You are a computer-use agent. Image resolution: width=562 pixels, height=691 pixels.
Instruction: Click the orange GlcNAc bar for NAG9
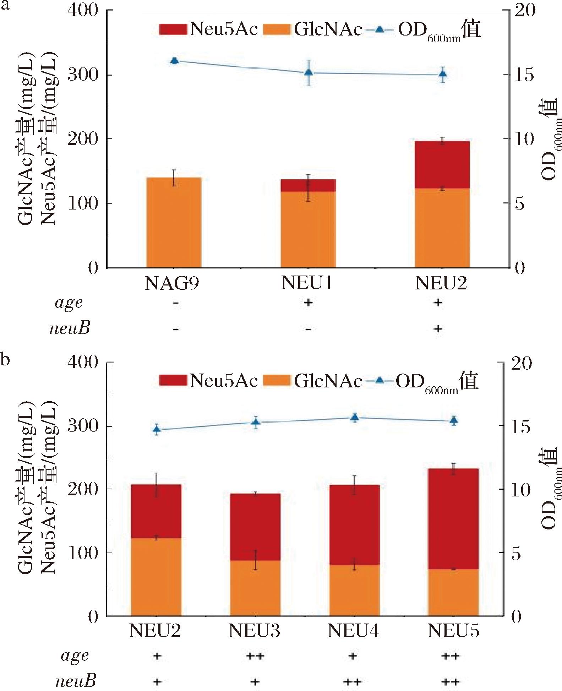174,222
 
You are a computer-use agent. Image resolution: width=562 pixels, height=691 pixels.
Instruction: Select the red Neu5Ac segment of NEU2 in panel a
442,165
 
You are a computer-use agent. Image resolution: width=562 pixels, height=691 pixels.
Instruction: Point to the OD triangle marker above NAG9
174,61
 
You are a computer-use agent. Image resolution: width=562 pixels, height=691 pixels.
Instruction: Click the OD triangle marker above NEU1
309,72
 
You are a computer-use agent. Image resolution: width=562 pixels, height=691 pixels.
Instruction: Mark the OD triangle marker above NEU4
355,418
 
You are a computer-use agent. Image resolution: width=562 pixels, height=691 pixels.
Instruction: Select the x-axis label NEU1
307,283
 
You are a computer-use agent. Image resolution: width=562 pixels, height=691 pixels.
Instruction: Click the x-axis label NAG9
172,284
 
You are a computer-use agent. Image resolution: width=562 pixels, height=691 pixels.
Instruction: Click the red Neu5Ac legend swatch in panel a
173,29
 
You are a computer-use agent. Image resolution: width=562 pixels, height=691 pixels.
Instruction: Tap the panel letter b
5,359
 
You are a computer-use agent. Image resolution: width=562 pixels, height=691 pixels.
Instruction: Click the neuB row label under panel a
70,328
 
